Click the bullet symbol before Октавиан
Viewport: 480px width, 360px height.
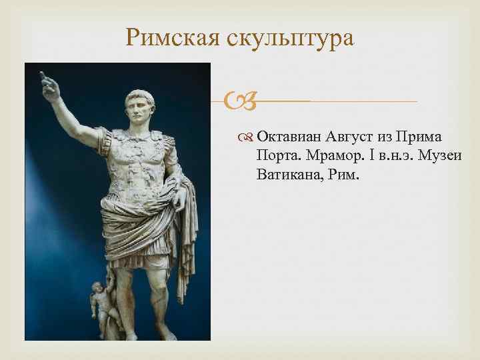pyautogui.click(x=247, y=138)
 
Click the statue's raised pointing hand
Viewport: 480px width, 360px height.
pyautogui.click(x=46, y=83)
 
